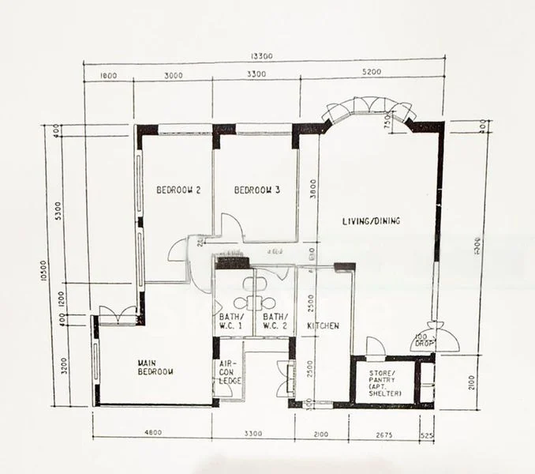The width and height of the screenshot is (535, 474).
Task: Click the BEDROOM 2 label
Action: tap(178, 190)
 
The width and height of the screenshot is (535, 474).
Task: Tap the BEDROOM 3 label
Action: tap(257, 190)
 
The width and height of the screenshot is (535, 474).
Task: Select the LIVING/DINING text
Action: tap(370, 221)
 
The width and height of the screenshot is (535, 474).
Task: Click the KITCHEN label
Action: tap(324, 325)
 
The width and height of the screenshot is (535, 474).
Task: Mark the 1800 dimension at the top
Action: tap(109, 76)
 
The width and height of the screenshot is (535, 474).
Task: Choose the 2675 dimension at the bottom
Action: tap(384, 433)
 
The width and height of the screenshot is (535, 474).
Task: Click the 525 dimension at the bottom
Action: tap(427, 433)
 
